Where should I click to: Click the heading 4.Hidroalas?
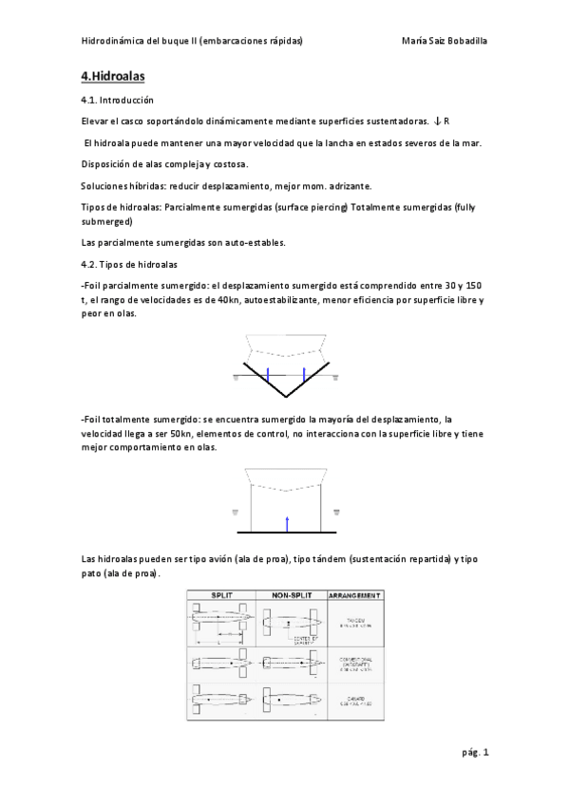point(113,75)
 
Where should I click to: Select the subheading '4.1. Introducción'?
point(118,100)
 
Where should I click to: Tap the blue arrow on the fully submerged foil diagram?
point(286,522)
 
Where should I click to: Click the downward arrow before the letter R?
point(436,122)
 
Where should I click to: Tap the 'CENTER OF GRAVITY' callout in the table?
point(306,639)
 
